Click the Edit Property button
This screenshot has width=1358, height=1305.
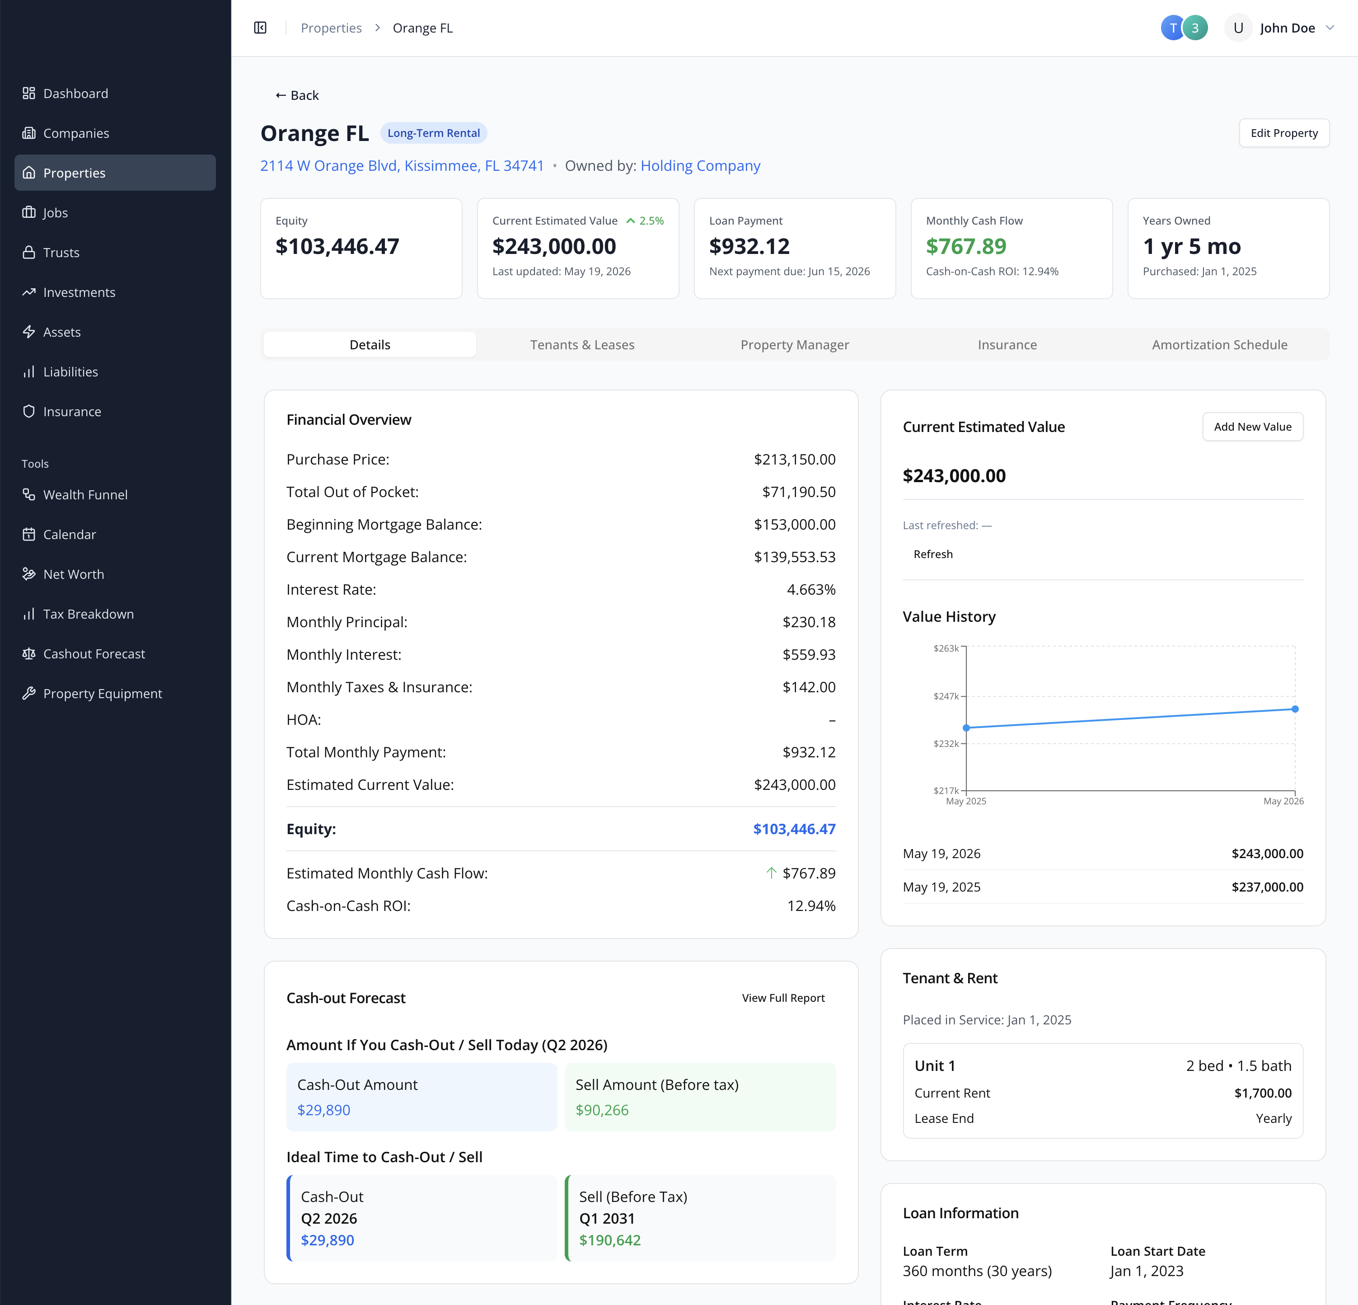[1284, 133]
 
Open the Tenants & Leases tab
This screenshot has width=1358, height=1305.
[582, 344]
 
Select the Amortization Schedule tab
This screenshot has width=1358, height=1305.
[1219, 344]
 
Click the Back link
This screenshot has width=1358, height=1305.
[297, 95]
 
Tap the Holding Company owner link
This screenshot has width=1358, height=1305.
[701, 166]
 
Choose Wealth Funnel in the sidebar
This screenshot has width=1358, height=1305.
[85, 495]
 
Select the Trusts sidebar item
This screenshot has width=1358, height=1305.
[61, 252]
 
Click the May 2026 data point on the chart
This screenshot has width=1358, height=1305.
[1295, 709]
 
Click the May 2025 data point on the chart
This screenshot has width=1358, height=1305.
[966, 728]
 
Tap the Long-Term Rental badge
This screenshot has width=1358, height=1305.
[434, 133]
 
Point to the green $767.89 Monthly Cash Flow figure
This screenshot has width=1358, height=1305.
[966, 246]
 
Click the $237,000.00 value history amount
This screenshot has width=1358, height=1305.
[1267, 887]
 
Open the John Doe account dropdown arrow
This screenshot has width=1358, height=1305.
[1330, 28]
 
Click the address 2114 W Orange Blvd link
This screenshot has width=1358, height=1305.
[402, 166]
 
